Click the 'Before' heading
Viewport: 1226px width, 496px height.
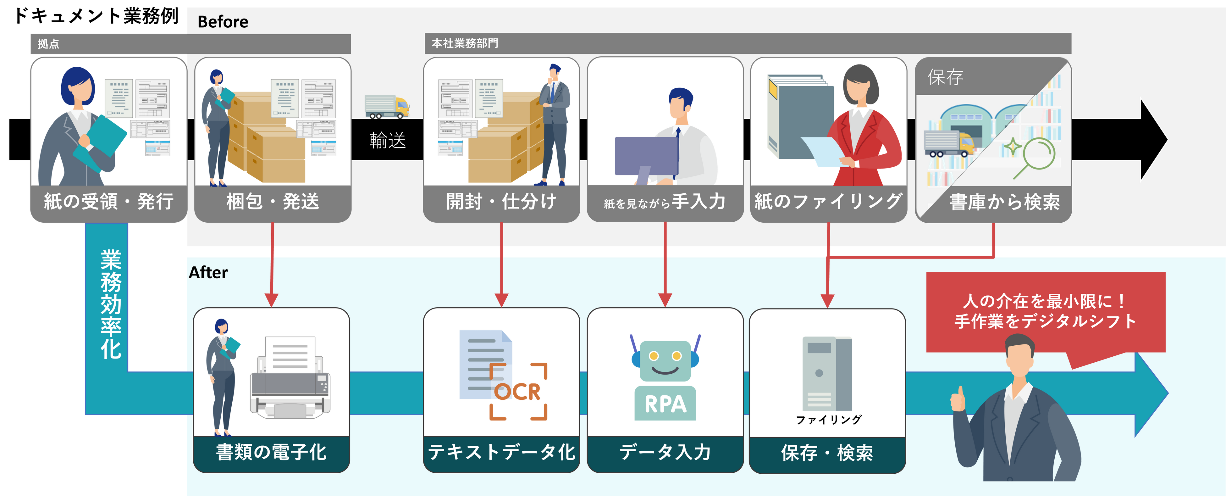tap(223, 21)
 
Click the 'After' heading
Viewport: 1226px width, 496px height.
tap(208, 272)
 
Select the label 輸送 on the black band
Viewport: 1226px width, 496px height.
tap(387, 140)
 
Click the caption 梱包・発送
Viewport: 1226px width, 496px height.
tap(273, 201)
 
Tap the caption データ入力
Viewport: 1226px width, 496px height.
tap(665, 452)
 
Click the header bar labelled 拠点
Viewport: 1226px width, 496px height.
tap(191, 44)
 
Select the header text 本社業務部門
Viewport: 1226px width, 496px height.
tap(465, 43)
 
